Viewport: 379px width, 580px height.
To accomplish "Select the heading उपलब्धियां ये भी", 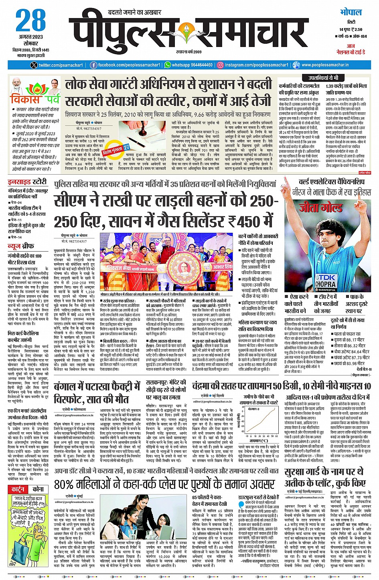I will (x=323, y=78).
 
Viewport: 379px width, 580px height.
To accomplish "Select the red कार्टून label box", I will (x=18, y=489).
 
